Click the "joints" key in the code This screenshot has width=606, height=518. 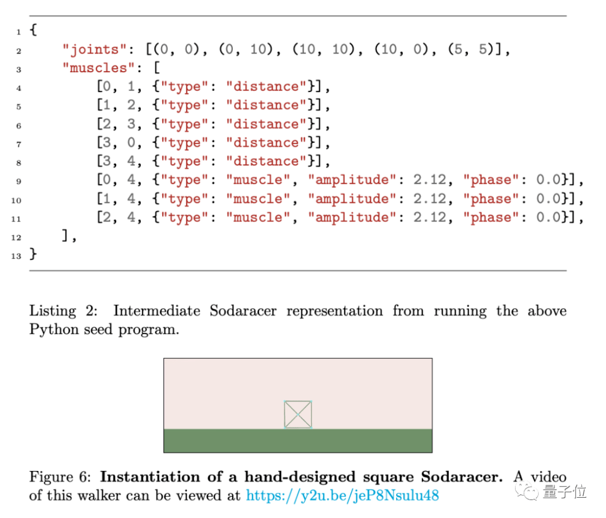[94, 49]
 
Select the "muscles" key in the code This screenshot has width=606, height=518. [98, 68]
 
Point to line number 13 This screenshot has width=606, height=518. [16, 256]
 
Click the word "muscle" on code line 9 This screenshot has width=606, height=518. [258, 180]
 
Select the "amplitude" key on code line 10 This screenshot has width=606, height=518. [352, 199]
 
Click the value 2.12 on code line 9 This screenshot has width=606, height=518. [429, 180]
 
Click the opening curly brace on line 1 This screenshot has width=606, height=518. [33, 30]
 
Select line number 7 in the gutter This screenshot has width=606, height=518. [18, 145]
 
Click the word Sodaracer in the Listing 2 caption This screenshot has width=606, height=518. [243, 311]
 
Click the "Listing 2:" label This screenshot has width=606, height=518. [63, 311]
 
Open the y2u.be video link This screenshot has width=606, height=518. [342, 495]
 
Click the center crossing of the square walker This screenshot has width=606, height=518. [298, 414]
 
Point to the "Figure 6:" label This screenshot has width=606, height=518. [60, 477]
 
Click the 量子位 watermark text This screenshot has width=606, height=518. [564, 492]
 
